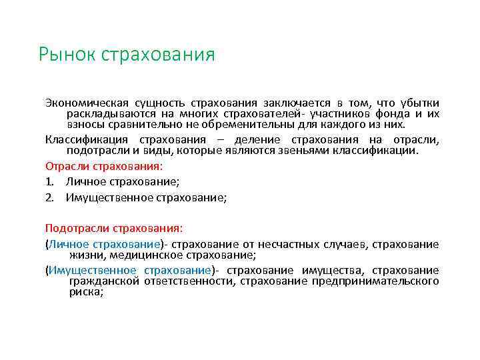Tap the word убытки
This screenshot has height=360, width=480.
coord(419,103)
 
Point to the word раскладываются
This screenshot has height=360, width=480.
coord(104,114)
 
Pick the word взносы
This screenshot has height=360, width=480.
coord(84,124)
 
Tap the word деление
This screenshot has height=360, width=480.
coord(264,139)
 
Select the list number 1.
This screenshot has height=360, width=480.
coord(49,181)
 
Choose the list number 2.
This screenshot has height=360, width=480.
coord(49,197)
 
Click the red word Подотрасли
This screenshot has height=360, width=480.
coord(73,228)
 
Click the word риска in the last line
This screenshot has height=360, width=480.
coord(85,291)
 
